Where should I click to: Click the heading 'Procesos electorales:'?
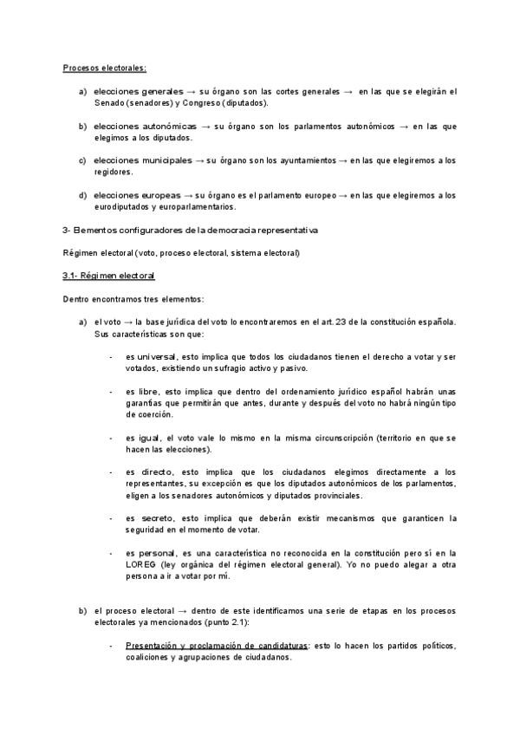(105, 68)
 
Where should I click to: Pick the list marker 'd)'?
(83, 195)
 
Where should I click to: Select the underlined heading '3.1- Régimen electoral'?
(108, 276)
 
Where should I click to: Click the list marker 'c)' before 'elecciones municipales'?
(83, 160)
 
